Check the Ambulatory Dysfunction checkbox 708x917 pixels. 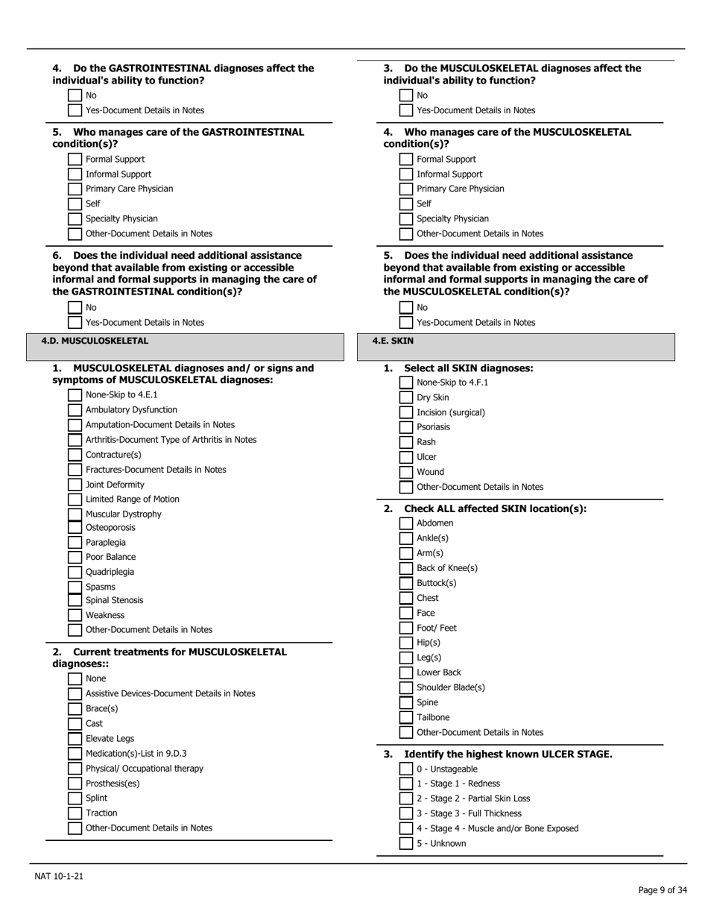pos(75,410)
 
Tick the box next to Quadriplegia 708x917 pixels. pos(75,572)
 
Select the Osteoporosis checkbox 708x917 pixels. pos(75,528)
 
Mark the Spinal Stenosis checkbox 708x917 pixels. pos(75,600)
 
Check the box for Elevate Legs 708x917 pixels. pos(75,739)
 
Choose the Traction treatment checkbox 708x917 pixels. pos(75,813)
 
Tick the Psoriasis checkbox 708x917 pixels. pos(405,427)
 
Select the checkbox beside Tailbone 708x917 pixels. pos(405,718)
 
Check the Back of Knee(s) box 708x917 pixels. pos(405,568)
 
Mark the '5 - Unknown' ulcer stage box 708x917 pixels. pos(405,844)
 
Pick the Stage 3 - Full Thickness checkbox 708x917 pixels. pos(405,814)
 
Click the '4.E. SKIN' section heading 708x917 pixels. pos(393,341)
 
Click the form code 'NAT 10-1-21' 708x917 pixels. pos(59,876)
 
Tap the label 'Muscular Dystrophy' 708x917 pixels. pos(123,514)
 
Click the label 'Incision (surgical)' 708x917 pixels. pos(451,412)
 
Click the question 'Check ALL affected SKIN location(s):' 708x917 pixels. pos(495,509)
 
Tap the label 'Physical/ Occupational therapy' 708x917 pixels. pos(145,769)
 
